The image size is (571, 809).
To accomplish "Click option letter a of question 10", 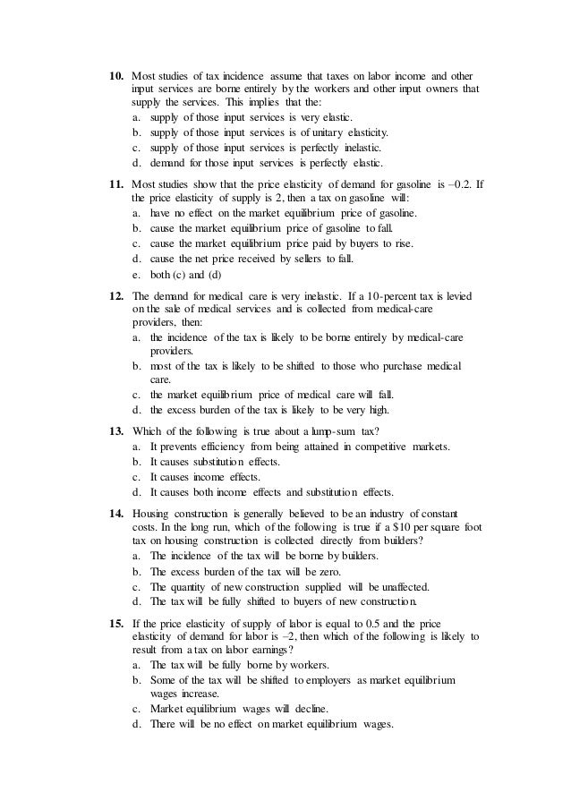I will pos(135,117).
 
